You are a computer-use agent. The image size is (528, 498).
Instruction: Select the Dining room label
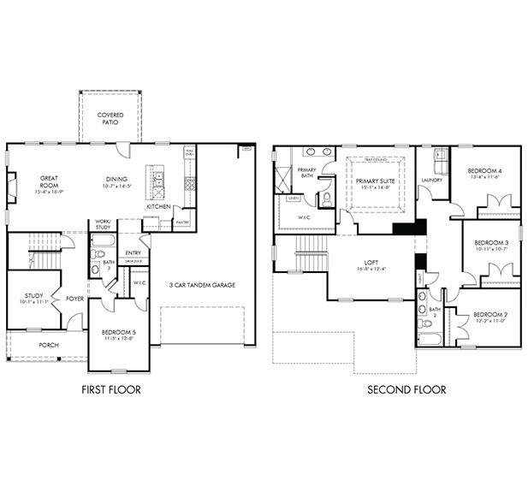coord(117,179)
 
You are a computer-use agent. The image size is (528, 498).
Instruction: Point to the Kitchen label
coord(158,206)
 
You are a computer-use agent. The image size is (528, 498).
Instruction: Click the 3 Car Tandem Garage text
coord(202,285)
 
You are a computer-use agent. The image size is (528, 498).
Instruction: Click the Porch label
coord(48,345)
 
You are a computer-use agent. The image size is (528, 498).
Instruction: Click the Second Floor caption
coord(406,389)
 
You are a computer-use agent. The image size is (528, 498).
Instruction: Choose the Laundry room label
coord(431,181)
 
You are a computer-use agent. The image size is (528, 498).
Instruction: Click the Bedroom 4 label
coord(484,171)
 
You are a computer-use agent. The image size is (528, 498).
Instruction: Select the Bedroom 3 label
coord(491,243)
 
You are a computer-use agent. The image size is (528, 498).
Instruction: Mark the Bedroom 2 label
coord(490,315)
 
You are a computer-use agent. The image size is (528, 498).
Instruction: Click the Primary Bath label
coord(307,173)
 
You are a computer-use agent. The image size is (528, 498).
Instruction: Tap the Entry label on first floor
coord(133,252)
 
